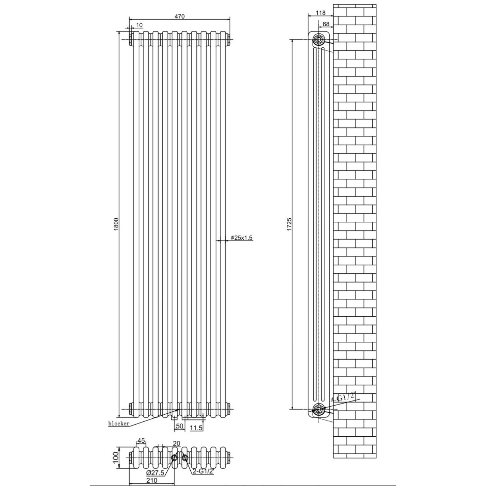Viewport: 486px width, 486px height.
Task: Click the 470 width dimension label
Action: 179,16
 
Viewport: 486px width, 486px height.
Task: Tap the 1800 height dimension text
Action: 116,224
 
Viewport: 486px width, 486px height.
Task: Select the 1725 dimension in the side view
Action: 289,224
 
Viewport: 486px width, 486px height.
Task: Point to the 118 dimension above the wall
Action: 320,13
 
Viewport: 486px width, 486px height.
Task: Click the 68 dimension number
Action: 326,24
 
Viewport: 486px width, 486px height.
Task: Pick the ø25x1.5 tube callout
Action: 242,237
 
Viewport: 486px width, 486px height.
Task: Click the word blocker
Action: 119,424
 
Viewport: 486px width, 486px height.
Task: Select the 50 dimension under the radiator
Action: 179,426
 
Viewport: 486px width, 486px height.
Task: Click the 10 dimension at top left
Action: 139,25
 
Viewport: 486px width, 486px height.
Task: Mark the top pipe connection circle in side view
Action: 319,40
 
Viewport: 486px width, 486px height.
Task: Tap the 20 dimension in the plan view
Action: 177,443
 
